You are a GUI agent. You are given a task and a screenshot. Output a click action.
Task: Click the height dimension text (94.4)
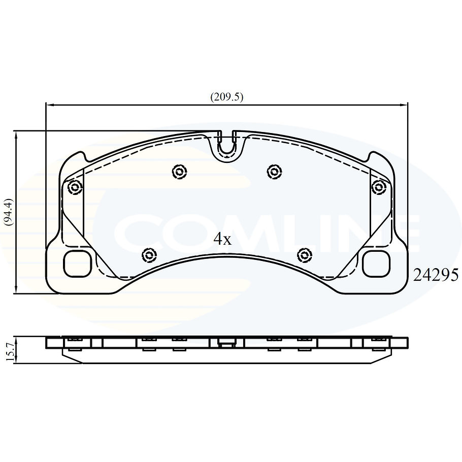[8, 212]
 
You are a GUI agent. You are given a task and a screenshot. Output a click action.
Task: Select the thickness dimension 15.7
[8, 350]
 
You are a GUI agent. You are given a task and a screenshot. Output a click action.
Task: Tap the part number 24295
[436, 275]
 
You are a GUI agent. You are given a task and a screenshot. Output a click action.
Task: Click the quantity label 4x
[222, 239]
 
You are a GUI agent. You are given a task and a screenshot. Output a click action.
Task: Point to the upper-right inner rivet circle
[274, 172]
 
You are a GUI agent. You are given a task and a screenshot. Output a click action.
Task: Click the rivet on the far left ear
[75, 187]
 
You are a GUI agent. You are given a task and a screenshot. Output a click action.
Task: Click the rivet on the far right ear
[378, 187]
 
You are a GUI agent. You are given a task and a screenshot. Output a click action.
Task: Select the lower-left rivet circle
[149, 254]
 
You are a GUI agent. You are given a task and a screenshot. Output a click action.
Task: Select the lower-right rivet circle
[304, 254]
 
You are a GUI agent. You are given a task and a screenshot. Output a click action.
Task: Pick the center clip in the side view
[227, 342]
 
